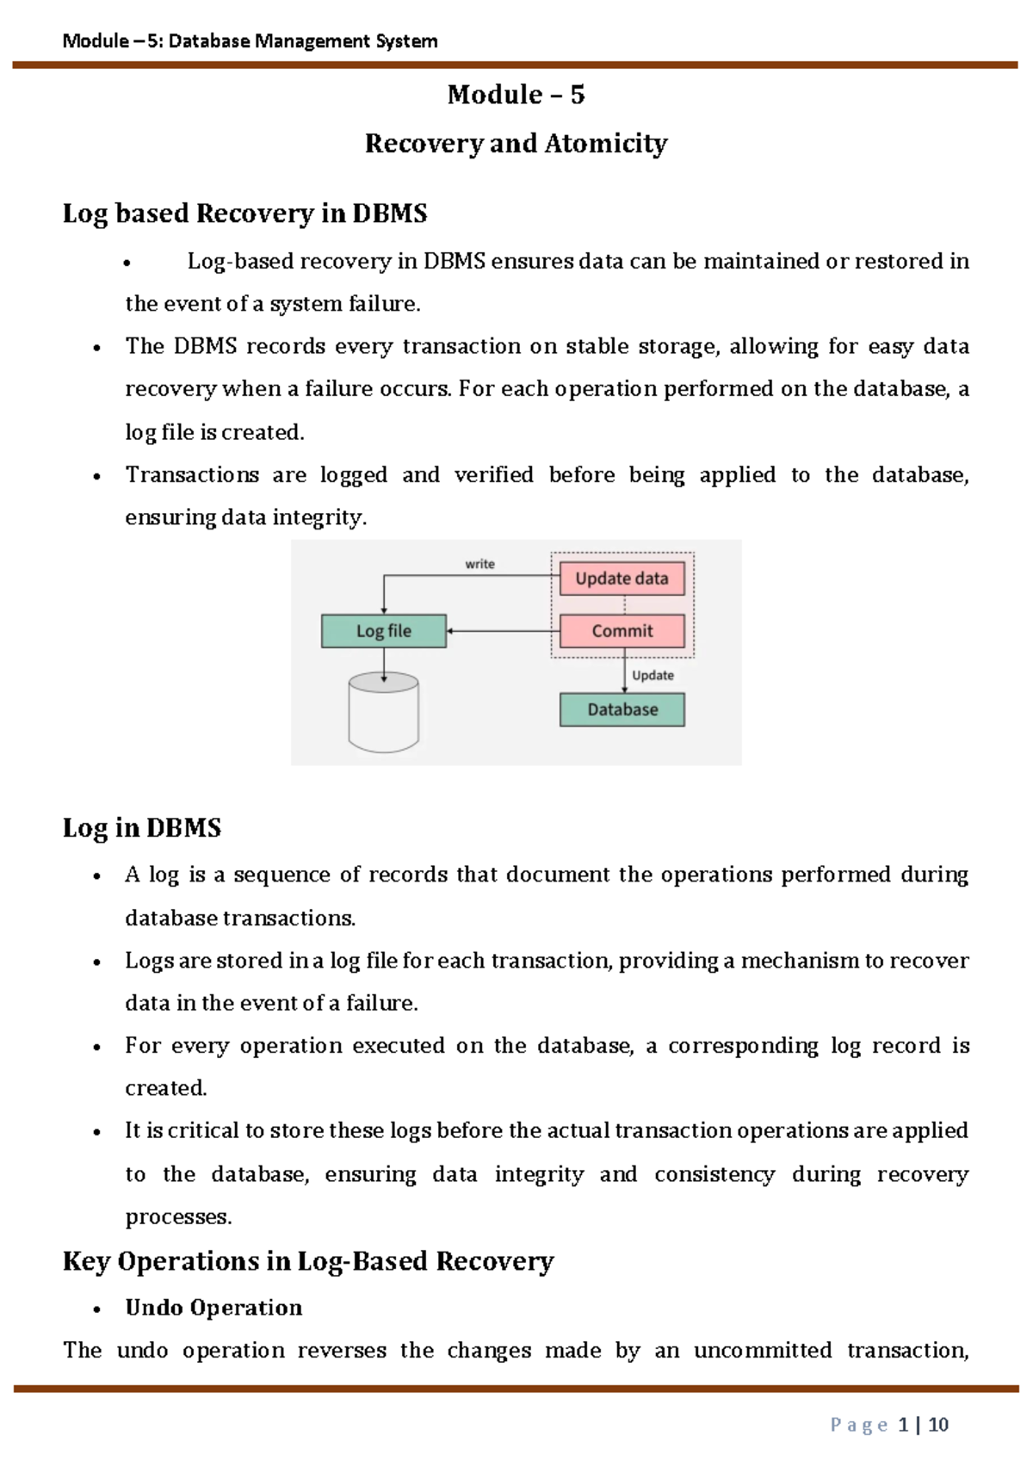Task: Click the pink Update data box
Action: pyautogui.click(x=622, y=578)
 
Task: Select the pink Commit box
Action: pyautogui.click(x=622, y=631)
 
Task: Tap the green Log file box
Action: pyautogui.click(x=384, y=631)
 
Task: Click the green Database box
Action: pyautogui.click(x=622, y=709)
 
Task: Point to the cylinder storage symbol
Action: pyautogui.click(x=384, y=713)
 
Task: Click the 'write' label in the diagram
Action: pyautogui.click(x=479, y=564)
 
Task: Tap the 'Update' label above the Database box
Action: pyautogui.click(x=653, y=675)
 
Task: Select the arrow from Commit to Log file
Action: pyautogui.click(x=503, y=631)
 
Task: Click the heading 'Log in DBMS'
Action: pyautogui.click(x=142, y=828)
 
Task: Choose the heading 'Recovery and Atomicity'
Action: pyautogui.click(x=516, y=144)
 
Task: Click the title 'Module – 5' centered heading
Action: pyautogui.click(x=516, y=95)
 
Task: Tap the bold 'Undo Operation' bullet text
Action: pyautogui.click(x=213, y=1308)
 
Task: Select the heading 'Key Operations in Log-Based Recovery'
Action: pyautogui.click(x=308, y=1261)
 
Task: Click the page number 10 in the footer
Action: pyautogui.click(x=938, y=1425)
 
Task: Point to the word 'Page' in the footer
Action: pyautogui.click(x=859, y=1426)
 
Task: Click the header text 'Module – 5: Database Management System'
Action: pyautogui.click(x=251, y=41)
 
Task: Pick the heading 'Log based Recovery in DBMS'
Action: pyautogui.click(x=245, y=213)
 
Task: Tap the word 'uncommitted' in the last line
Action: pyautogui.click(x=763, y=1350)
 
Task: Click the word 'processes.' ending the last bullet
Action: pyautogui.click(x=178, y=1217)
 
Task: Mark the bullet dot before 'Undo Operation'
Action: pyautogui.click(x=96, y=1309)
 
